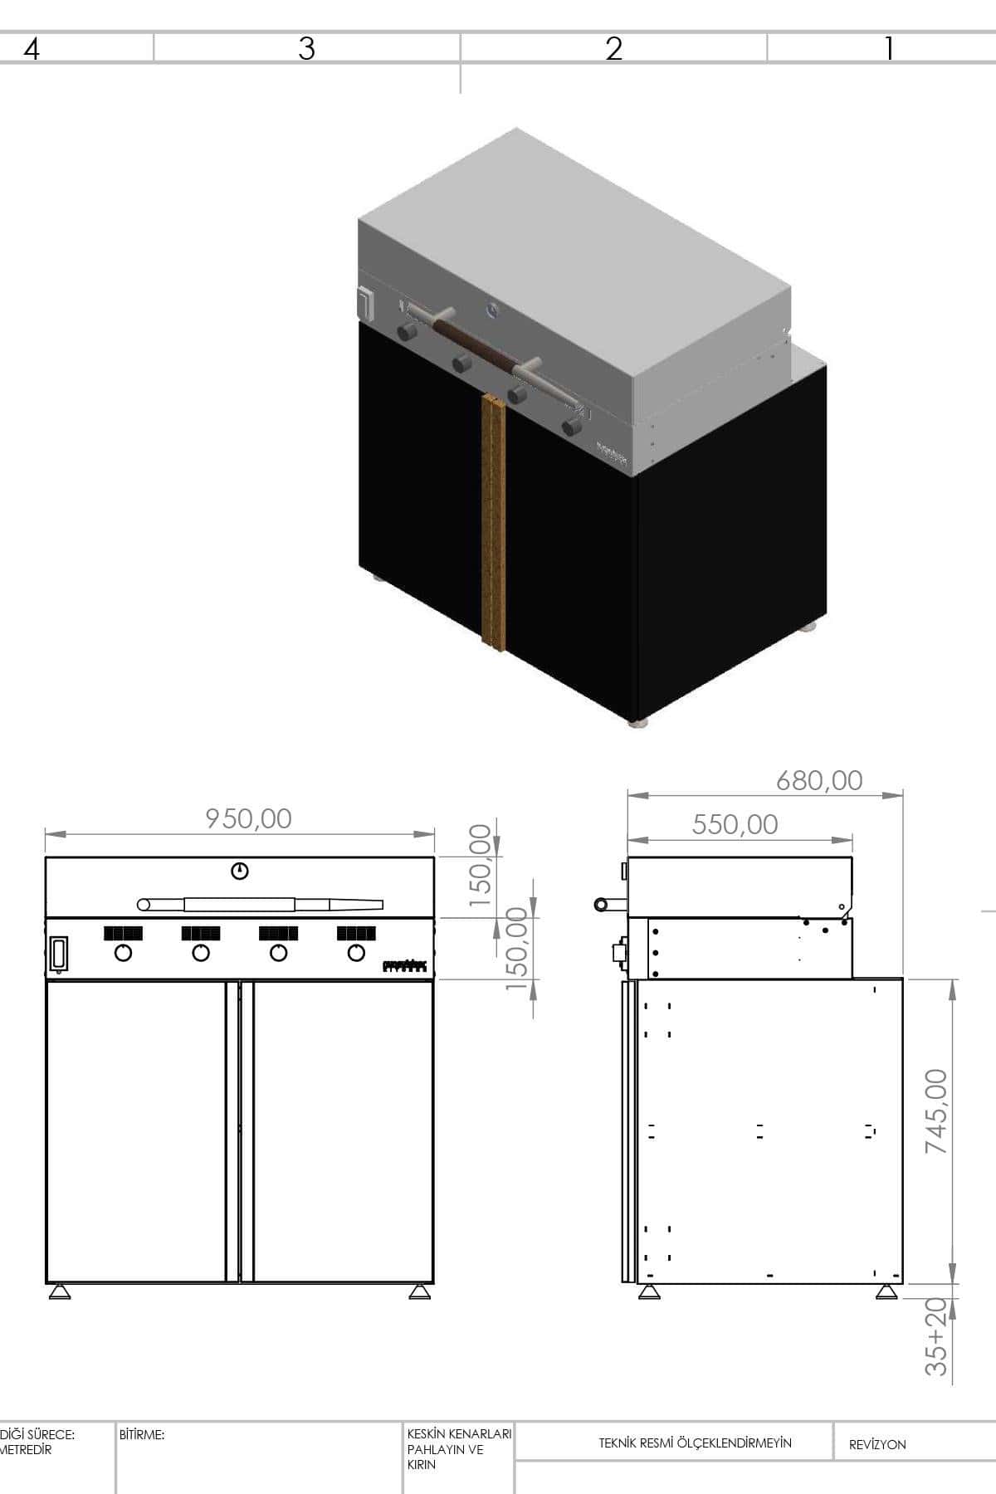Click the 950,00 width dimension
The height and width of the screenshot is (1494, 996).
point(249,818)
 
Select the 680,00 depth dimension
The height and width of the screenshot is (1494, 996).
point(819,780)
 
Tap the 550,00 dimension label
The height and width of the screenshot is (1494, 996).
point(735,824)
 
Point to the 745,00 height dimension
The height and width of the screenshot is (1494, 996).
point(936,1111)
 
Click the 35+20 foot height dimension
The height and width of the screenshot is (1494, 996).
point(936,1336)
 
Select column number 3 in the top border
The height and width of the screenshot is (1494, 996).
point(306,49)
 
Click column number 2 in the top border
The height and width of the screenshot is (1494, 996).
point(613,49)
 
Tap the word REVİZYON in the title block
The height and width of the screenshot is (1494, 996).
point(877,1444)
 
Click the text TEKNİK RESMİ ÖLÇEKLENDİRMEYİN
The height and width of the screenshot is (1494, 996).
point(696,1443)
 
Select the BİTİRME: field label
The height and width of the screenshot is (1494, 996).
point(142,1434)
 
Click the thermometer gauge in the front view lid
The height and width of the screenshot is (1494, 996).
point(240,871)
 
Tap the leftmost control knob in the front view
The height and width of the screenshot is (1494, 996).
point(123,953)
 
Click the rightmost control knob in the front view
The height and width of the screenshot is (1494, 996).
point(356,953)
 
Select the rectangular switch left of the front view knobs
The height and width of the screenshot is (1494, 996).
point(59,954)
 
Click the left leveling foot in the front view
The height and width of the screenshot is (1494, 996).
point(59,1291)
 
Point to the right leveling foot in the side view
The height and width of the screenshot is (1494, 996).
point(886,1292)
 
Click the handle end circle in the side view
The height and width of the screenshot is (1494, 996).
point(599,904)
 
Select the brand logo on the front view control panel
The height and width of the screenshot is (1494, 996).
point(404,966)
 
